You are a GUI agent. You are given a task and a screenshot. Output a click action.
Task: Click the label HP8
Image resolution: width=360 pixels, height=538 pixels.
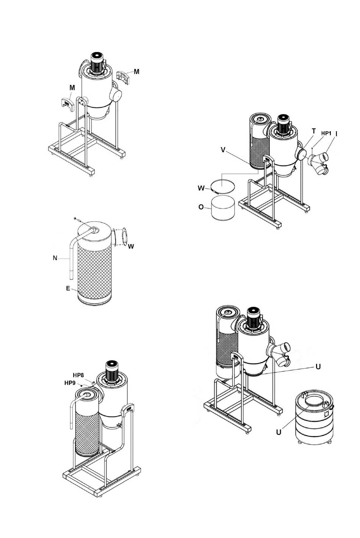(x=78, y=375)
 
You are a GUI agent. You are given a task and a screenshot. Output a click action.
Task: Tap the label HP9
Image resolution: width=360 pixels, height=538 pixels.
(x=70, y=383)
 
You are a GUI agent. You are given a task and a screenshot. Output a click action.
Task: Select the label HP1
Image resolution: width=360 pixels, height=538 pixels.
(x=326, y=133)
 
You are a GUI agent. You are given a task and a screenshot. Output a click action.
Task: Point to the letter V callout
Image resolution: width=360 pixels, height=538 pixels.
(x=223, y=150)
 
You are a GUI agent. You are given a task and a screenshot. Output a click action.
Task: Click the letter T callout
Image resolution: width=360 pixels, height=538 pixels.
(x=314, y=131)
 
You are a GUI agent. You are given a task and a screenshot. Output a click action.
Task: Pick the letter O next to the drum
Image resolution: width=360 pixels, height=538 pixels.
(x=201, y=207)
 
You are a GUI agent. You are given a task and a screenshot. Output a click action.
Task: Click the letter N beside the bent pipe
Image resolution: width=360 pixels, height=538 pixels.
(x=55, y=258)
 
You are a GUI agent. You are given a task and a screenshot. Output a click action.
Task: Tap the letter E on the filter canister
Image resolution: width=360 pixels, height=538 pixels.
(x=68, y=289)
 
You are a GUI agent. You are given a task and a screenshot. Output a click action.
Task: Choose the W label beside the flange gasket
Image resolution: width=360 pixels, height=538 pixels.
(x=131, y=246)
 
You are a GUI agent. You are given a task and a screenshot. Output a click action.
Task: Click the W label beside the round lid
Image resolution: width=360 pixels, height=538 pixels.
(x=201, y=188)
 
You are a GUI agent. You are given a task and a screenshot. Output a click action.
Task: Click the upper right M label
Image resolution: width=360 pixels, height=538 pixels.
(x=136, y=72)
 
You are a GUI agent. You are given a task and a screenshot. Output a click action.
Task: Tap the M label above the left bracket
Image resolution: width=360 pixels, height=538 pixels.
(x=72, y=88)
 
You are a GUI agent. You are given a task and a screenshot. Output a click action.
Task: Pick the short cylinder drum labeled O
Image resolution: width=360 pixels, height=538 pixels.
(x=223, y=208)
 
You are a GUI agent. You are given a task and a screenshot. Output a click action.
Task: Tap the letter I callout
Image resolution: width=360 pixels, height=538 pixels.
(x=337, y=134)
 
